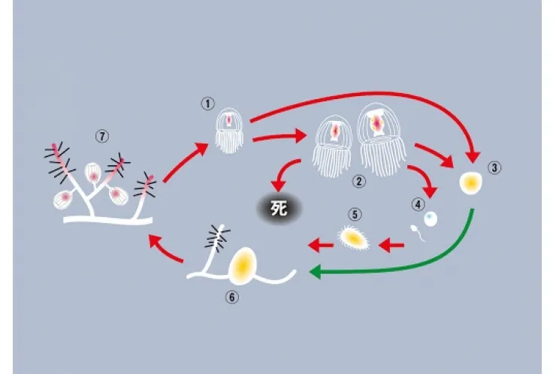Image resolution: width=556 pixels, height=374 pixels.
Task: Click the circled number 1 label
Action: (x=208, y=104)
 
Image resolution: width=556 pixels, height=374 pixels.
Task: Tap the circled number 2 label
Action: (x=358, y=182)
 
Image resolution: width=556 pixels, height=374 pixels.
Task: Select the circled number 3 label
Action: (x=494, y=167)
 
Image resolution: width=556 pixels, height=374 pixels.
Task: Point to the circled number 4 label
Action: (x=419, y=204)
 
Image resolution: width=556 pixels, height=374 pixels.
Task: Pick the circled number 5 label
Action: (x=355, y=214)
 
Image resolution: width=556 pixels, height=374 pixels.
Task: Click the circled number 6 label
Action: (x=232, y=297)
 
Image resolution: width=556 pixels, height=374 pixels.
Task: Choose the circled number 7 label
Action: (x=102, y=137)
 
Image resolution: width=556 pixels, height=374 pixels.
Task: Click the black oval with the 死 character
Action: (x=279, y=209)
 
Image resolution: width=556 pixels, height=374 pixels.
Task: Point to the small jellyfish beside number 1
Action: (x=229, y=131)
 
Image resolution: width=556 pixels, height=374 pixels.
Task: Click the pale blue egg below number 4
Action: (x=431, y=219)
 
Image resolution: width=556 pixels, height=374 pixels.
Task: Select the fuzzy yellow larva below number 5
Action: (x=352, y=238)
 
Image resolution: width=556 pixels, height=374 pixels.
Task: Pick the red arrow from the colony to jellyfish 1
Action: (x=186, y=162)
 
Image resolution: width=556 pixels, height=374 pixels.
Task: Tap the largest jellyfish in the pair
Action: (x=382, y=140)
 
